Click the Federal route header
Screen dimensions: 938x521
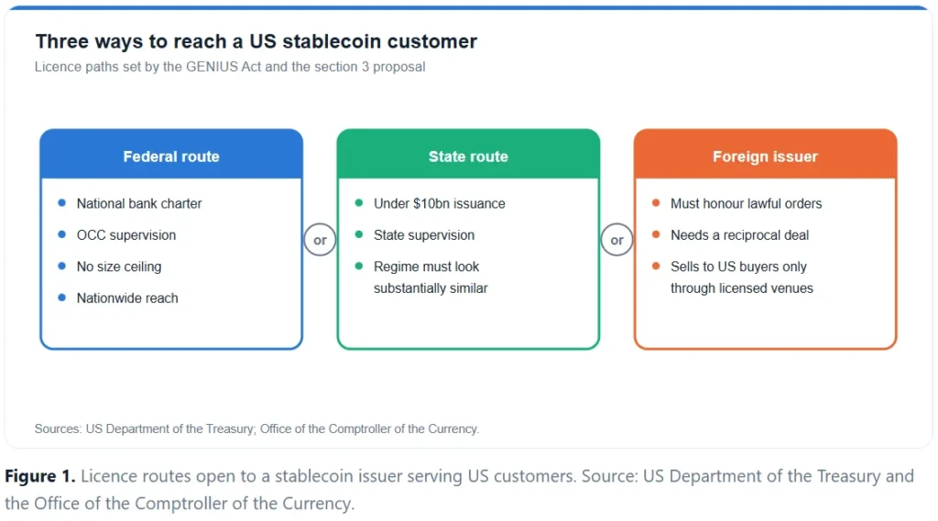(171, 157)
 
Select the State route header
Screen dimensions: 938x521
(468, 157)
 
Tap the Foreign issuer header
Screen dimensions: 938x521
(765, 157)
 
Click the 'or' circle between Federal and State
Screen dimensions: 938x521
(320, 240)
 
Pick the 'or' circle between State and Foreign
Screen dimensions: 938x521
(616, 240)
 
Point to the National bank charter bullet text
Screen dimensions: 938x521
(139, 203)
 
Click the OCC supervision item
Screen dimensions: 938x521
(126, 235)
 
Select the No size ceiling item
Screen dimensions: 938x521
(119, 266)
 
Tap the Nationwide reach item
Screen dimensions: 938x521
(127, 298)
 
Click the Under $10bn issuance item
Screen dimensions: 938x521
(439, 203)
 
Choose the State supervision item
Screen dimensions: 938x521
(423, 235)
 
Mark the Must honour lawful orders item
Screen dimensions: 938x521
(746, 203)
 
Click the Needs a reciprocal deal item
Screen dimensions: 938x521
(739, 235)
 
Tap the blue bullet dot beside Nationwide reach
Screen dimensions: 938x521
(61, 298)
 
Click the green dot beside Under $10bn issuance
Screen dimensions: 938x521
(359, 202)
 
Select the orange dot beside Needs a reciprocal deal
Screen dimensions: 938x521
(656, 234)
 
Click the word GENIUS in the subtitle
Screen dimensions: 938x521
(212, 67)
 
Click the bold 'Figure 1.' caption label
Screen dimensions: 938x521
(40, 476)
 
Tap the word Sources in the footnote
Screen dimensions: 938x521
(58, 429)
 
